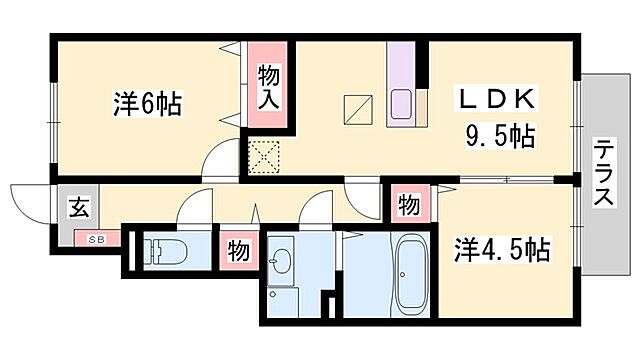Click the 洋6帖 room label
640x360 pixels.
pos(146,105)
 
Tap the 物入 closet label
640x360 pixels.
pos(268,86)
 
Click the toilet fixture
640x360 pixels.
pos(159,250)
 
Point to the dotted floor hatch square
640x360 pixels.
pos(264,155)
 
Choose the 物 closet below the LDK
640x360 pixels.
pos(408,205)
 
